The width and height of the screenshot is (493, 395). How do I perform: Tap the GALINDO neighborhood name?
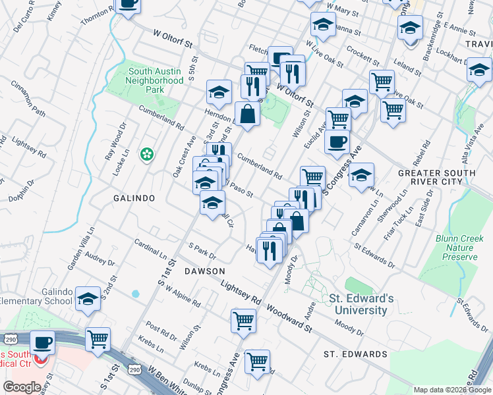[x=134, y=198]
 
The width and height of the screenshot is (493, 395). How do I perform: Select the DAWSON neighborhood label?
[x=204, y=271]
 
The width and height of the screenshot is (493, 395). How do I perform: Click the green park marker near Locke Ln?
[x=147, y=155]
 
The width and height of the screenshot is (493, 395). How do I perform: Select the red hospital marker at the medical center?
[x=42, y=361]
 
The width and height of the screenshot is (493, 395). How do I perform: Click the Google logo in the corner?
[x=22, y=386]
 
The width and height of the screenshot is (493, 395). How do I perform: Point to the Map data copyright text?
[x=452, y=390]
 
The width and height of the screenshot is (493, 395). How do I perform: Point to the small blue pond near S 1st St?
[x=136, y=293]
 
